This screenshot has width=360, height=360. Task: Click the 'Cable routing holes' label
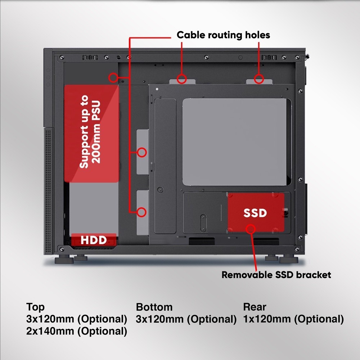point(223,35)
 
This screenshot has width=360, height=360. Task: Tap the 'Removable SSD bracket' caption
point(276,275)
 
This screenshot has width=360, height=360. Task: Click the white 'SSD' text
point(255,213)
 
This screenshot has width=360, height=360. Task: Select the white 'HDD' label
point(94,240)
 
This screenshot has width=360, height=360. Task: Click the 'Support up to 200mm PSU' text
point(91,131)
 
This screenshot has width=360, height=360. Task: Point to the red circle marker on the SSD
point(251,229)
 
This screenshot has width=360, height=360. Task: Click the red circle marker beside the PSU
point(114,77)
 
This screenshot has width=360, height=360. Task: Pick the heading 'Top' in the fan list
point(35,307)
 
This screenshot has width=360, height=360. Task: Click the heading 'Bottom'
point(154,307)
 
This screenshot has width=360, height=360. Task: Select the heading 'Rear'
point(255,307)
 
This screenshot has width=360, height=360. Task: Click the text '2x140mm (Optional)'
point(77,331)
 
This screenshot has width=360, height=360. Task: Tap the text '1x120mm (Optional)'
point(293,319)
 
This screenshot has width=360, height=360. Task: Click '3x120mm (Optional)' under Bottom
point(186,319)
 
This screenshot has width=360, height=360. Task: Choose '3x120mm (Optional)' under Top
point(77,319)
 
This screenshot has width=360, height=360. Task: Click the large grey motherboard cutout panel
point(236,142)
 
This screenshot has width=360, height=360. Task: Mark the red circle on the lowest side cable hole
point(142,212)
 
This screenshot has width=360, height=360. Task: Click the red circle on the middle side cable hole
point(142,152)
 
